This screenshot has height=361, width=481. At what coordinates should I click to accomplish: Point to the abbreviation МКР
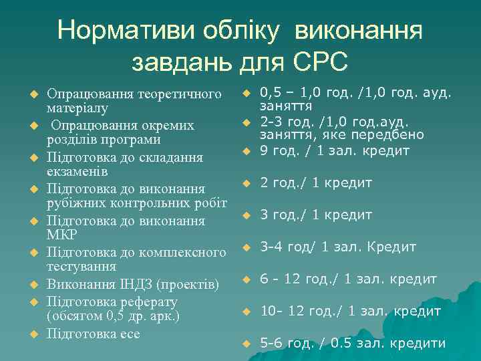(62, 235)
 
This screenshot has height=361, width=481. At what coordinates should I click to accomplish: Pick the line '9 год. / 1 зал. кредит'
(334, 151)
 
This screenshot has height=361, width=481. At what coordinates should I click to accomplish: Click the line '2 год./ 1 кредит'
(316, 183)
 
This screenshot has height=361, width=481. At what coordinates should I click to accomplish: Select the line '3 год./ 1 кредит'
(316, 215)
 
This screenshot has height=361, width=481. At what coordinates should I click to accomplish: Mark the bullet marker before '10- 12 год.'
(246, 312)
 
